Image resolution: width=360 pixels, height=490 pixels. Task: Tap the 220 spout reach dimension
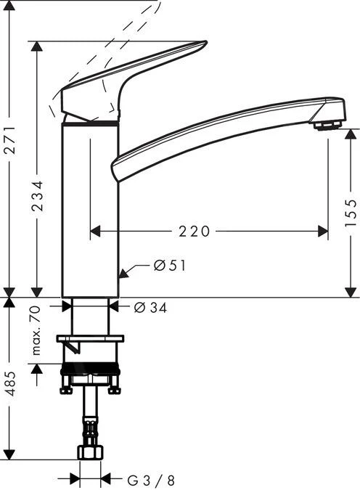pos(195,232)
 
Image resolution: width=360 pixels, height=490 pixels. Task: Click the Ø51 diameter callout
pos(170,266)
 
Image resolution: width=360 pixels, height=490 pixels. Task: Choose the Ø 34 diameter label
pos(151,308)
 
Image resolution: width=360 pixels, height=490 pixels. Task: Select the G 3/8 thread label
pos(151,480)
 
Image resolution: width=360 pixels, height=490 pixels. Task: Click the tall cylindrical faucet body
pos(89,211)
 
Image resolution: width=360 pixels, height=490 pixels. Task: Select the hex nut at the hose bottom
pos(89,452)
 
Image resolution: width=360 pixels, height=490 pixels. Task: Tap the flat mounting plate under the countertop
pos(90,338)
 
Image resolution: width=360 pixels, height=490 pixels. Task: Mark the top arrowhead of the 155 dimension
pos(351,134)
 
